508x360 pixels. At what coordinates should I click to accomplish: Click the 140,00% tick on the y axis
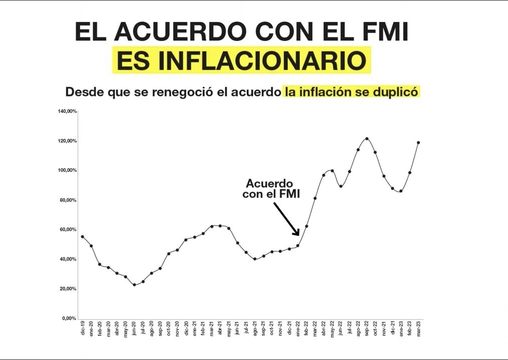67,111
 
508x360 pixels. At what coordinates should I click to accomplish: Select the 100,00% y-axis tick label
67,170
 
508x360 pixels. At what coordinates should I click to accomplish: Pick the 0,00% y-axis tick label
69,318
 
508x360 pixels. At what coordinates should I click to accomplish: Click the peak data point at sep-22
367,138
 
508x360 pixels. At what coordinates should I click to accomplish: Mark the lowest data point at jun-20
134,284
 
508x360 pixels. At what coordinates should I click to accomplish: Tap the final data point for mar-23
418,142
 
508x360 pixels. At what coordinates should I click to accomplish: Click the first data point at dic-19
83,236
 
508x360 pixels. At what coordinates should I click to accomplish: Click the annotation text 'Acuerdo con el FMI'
271,189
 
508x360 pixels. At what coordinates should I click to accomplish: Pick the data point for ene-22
298,245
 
